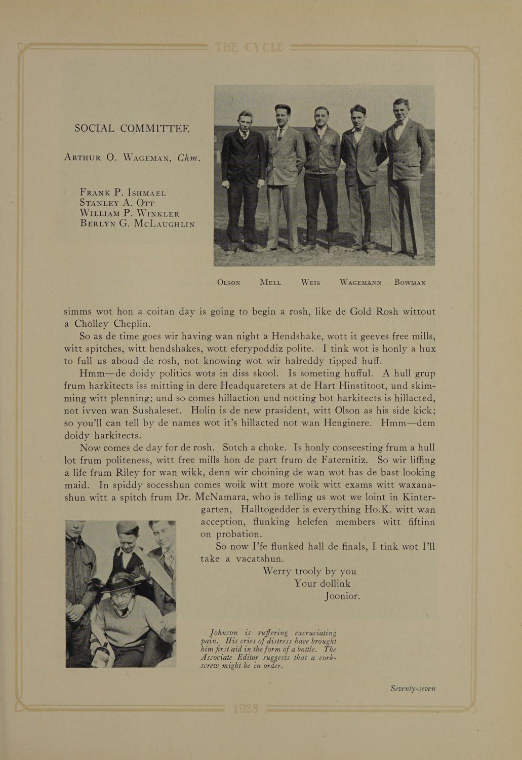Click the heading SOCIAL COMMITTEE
click(132, 129)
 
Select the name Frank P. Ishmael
click(123, 193)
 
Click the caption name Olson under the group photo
click(228, 283)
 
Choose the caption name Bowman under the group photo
click(410, 283)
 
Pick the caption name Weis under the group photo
click(310, 283)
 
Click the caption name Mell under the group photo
click(270, 283)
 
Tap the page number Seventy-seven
click(413, 688)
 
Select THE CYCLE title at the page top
click(249, 48)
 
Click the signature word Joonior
click(342, 596)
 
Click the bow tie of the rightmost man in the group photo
click(400, 123)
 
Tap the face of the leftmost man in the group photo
click(245, 121)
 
